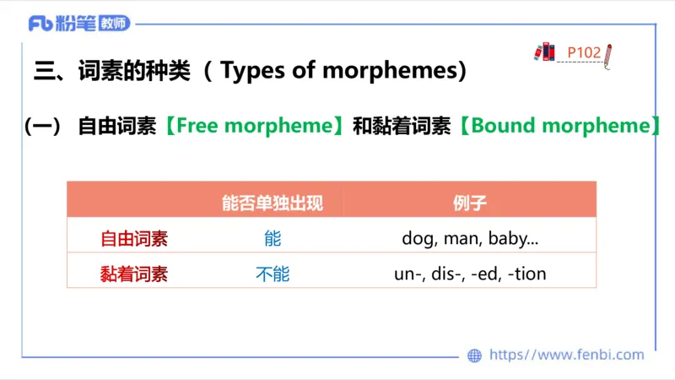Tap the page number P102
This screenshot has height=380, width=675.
pyautogui.click(x=584, y=52)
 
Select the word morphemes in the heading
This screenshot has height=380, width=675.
pyautogui.click(x=396, y=71)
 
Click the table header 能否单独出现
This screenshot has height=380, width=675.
pyautogui.click(x=272, y=203)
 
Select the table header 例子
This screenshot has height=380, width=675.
pyautogui.click(x=470, y=203)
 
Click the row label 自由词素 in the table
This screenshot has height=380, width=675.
pyautogui.click(x=134, y=238)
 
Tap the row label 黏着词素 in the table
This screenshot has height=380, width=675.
pyautogui.click(x=134, y=274)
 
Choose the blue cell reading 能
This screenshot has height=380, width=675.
pyautogui.click(x=272, y=238)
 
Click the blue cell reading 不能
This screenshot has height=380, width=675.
pyautogui.click(x=272, y=274)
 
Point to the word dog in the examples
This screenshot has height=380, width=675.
pyautogui.click(x=417, y=239)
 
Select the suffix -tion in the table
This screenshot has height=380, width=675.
pyautogui.click(x=527, y=274)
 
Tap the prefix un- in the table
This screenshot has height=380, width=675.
pyautogui.click(x=409, y=274)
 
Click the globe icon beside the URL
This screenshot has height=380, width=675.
pyautogui.click(x=475, y=356)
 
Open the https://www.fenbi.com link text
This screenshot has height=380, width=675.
pyautogui.click(x=566, y=356)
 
